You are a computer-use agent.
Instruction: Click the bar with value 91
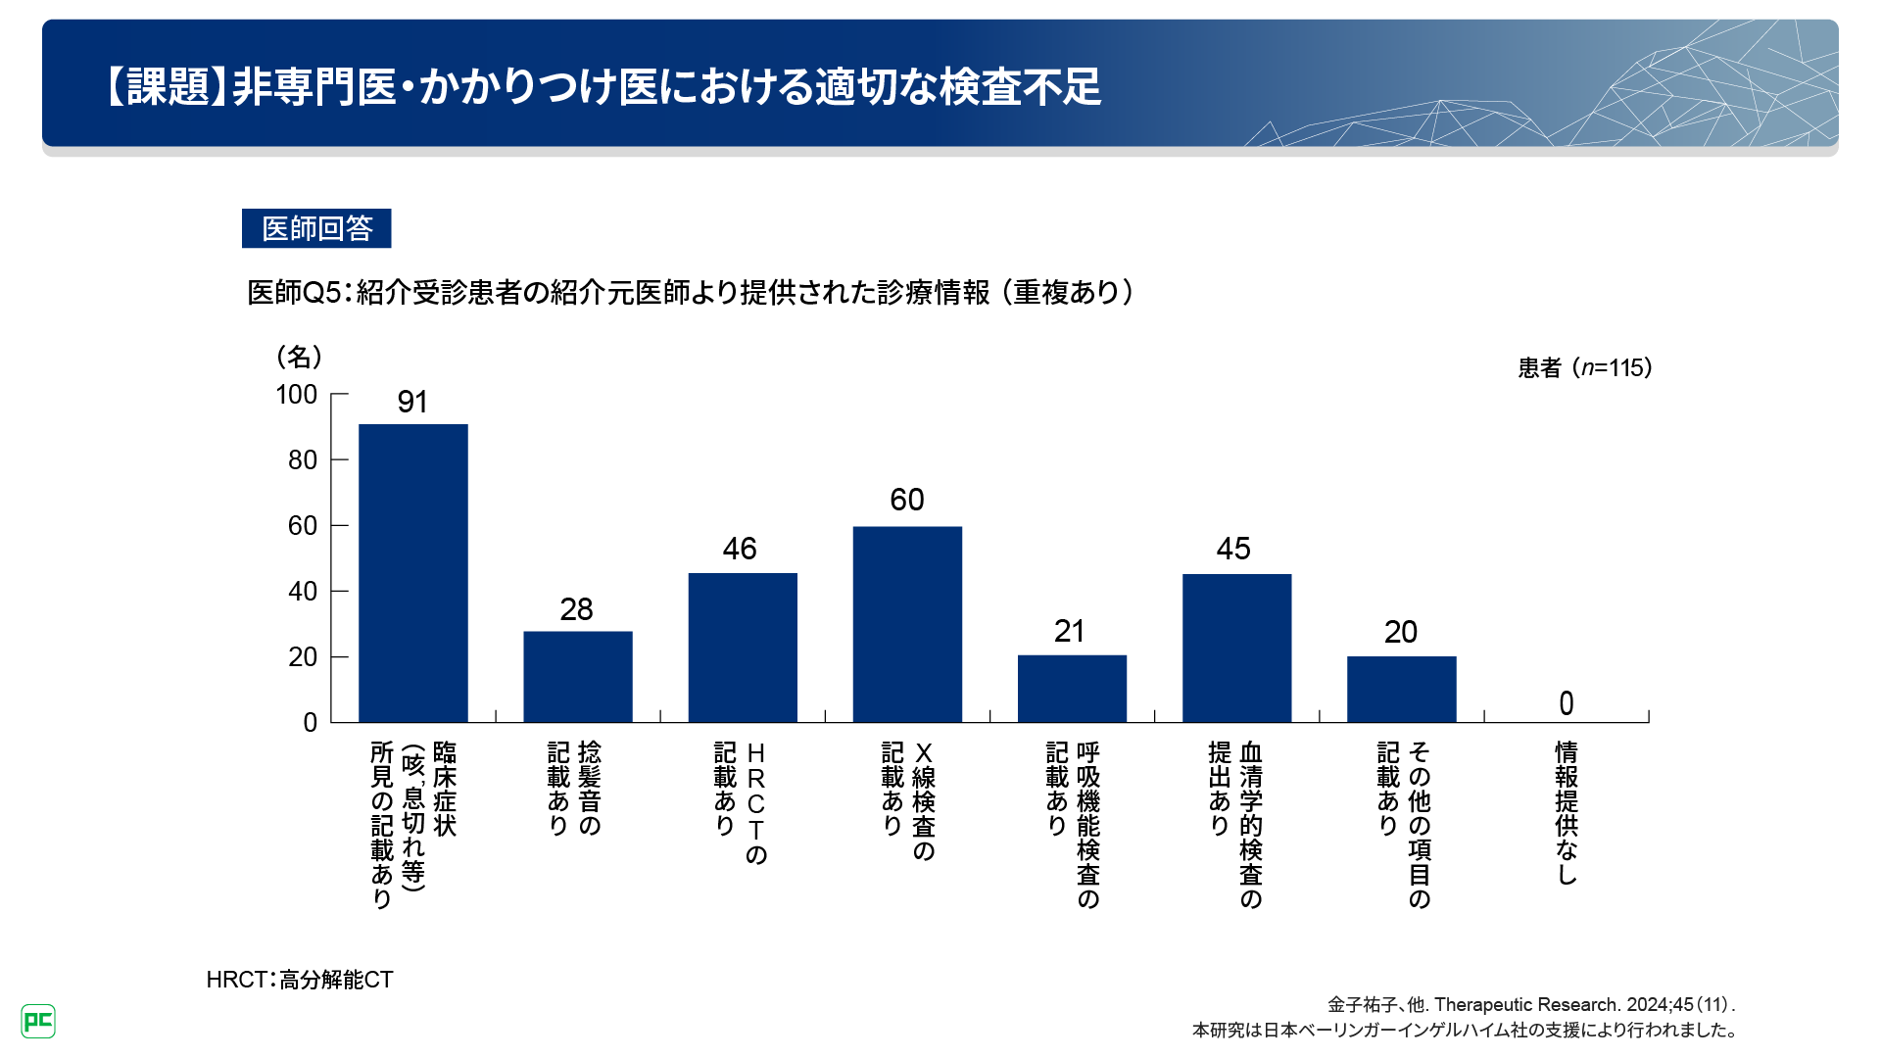412,573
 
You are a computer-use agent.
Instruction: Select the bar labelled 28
577,677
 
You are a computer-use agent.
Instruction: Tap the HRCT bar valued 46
743,648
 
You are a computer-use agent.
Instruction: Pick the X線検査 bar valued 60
907,625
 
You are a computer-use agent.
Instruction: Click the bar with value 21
1072,689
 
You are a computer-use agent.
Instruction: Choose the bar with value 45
1236,649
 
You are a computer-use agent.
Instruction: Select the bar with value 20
1401,690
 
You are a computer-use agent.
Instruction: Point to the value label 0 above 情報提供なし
1566,703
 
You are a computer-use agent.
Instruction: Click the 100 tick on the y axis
297,395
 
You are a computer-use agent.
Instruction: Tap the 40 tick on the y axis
302,592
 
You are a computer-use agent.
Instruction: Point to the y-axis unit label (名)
300,357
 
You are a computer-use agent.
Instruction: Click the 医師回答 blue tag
316,228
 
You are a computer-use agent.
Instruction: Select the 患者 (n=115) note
1584,368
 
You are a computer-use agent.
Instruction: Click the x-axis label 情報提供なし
1566,813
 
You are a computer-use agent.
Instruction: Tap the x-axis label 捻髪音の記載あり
574,789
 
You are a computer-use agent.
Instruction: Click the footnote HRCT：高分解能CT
300,980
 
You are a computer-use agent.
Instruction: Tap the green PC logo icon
38,1022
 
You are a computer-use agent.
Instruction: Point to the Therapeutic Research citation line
1530,1005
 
